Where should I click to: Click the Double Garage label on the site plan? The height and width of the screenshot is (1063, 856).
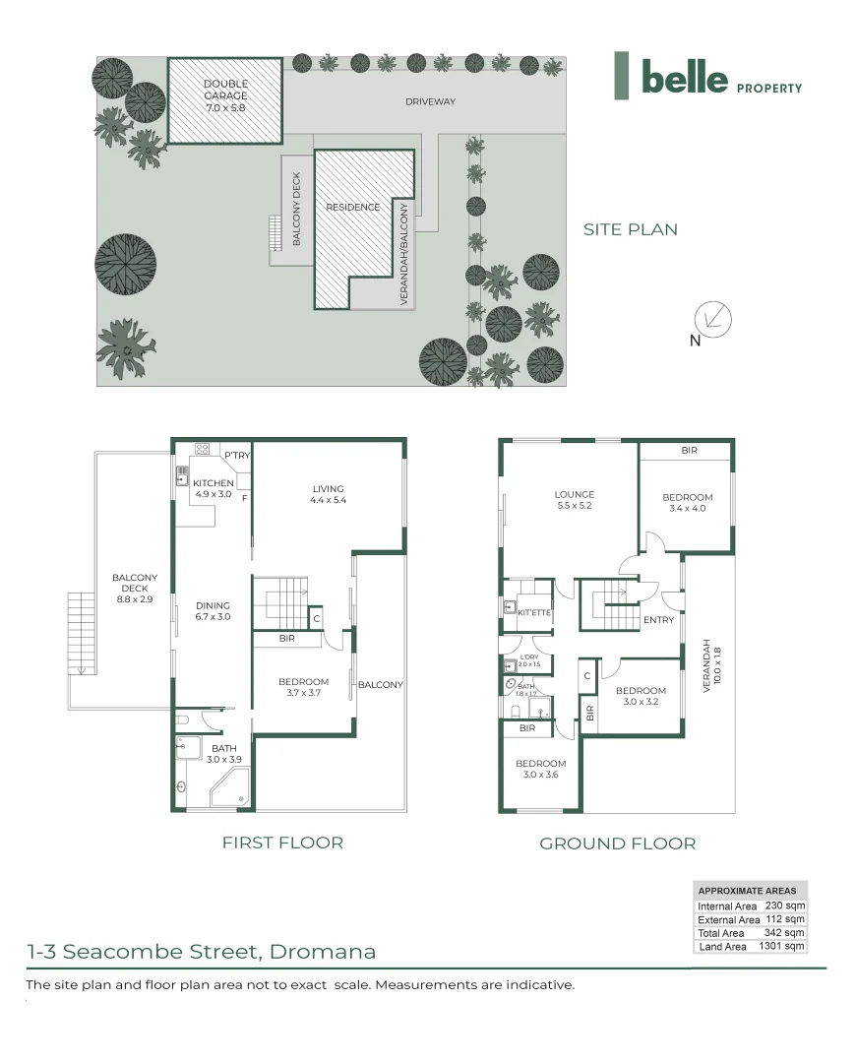(x=225, y=95)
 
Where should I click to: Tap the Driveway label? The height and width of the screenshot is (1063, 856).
(x=430, y=101)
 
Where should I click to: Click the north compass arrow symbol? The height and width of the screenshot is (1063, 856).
(x=712, y=319)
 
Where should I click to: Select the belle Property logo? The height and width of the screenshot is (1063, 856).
(x=708, y=76)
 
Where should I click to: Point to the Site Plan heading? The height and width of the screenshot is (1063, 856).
(x=631, y=229)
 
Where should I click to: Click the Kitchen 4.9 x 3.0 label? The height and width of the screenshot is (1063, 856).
(x=214, y=488)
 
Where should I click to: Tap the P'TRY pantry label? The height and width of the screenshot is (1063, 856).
(x=237, y=455)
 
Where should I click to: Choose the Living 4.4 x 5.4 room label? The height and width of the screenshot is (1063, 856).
(x=328, y=494)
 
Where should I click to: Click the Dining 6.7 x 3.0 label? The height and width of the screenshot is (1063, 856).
(x=213, y=611)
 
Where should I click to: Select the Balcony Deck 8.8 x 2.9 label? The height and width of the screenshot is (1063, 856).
(x=135, y=589)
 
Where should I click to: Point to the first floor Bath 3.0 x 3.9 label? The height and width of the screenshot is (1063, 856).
(x=223, y=754)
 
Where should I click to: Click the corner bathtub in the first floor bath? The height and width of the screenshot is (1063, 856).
(x=230, y=787)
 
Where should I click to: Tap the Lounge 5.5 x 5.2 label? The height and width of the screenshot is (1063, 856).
(x=574, y=500)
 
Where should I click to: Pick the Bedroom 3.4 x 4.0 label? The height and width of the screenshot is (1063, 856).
(x=687, y=502)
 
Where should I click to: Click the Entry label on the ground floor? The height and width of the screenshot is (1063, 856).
(x=659, y=620)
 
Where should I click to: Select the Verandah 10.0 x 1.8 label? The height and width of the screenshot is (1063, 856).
(x=711, y=665)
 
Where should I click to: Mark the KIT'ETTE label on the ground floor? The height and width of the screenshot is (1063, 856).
(x=534, y=612)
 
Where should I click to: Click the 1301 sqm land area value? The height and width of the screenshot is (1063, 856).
(x=781, y=946)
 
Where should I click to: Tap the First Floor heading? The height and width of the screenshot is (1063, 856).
(x=282, y=843)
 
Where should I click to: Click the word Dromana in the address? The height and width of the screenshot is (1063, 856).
(x=323, y=951)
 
